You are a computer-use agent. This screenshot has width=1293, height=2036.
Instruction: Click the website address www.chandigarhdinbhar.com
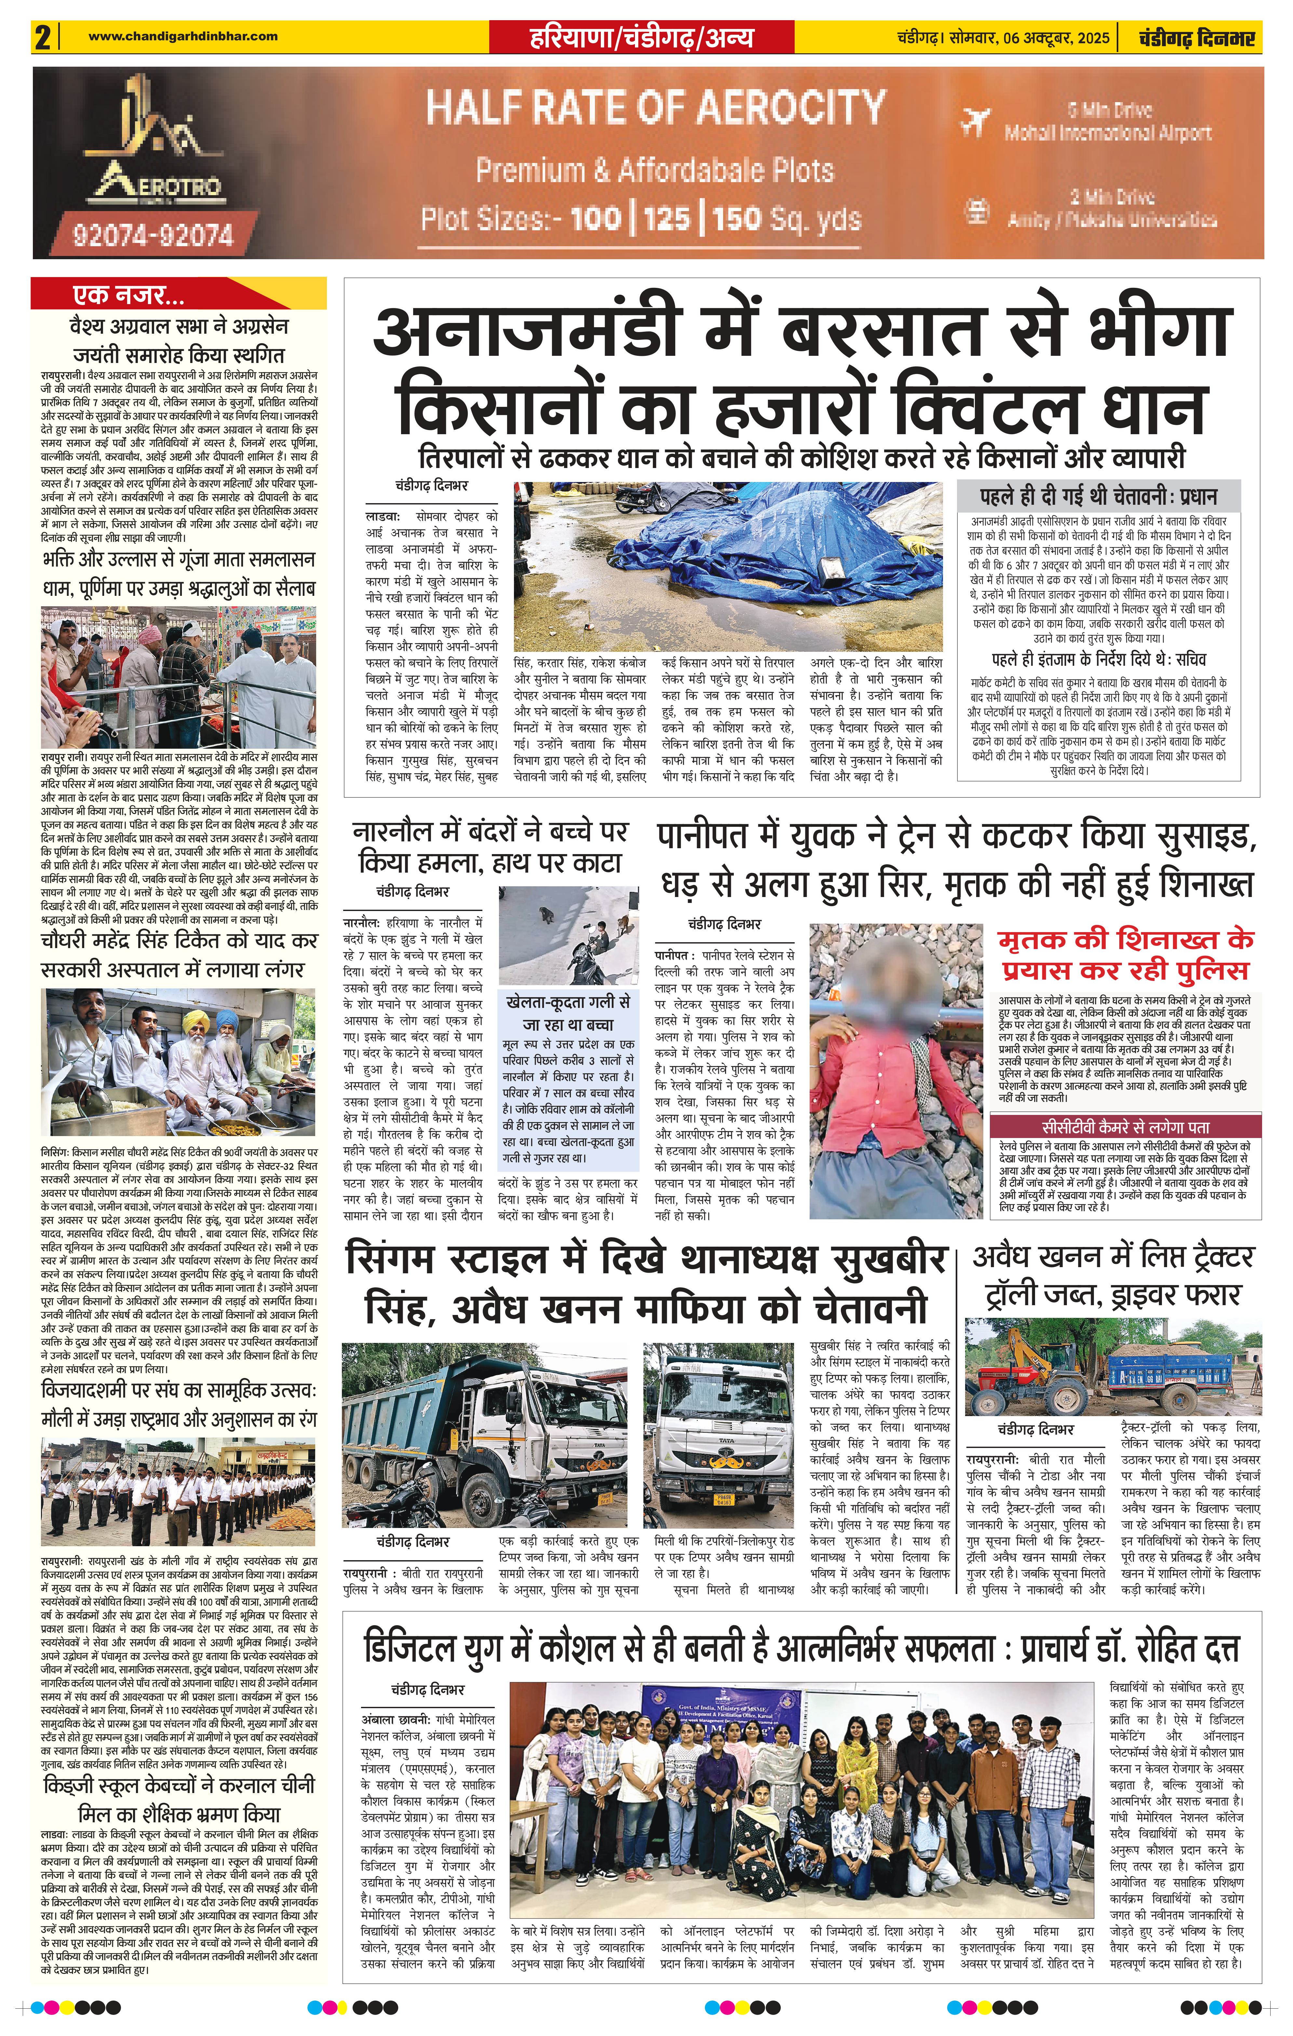183,36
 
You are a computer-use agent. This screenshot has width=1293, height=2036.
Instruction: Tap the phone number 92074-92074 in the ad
153,233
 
